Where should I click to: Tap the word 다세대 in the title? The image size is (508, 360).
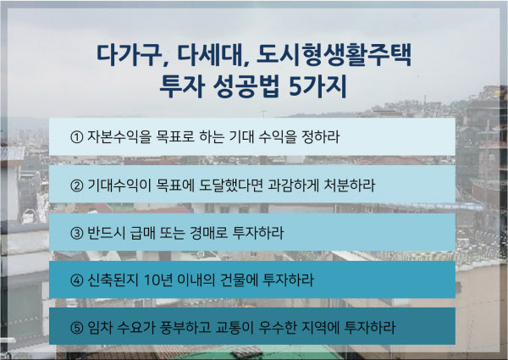tap(210, 55)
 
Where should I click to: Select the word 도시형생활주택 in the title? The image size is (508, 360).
tap(334, 55)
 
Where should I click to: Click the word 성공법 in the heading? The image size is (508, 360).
tap(246, 86)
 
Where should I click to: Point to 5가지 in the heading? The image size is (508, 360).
tap(317, 86)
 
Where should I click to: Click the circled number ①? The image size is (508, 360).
tap(77, 137)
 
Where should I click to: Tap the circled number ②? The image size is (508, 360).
tap(77, 186)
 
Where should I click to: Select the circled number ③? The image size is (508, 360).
tap(77, 233)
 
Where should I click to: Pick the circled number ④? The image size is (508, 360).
tap(77, 280)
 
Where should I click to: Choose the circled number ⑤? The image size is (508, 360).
tap(77, 328)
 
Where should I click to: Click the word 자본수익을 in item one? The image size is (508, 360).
tap(119, 136)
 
